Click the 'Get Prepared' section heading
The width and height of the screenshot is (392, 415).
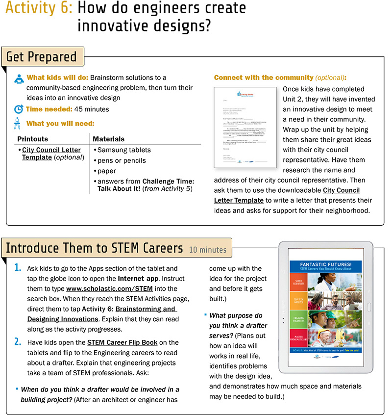[42, 57]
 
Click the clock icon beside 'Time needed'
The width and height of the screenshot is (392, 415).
[18, 109]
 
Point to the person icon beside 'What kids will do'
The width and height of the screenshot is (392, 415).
[18, 78]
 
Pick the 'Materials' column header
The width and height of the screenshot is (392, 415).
[108, 139]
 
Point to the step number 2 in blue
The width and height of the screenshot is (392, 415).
[17, 342]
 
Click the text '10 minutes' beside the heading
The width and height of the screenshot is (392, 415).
[208, 250]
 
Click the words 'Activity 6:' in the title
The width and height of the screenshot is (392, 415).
[39, 9]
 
